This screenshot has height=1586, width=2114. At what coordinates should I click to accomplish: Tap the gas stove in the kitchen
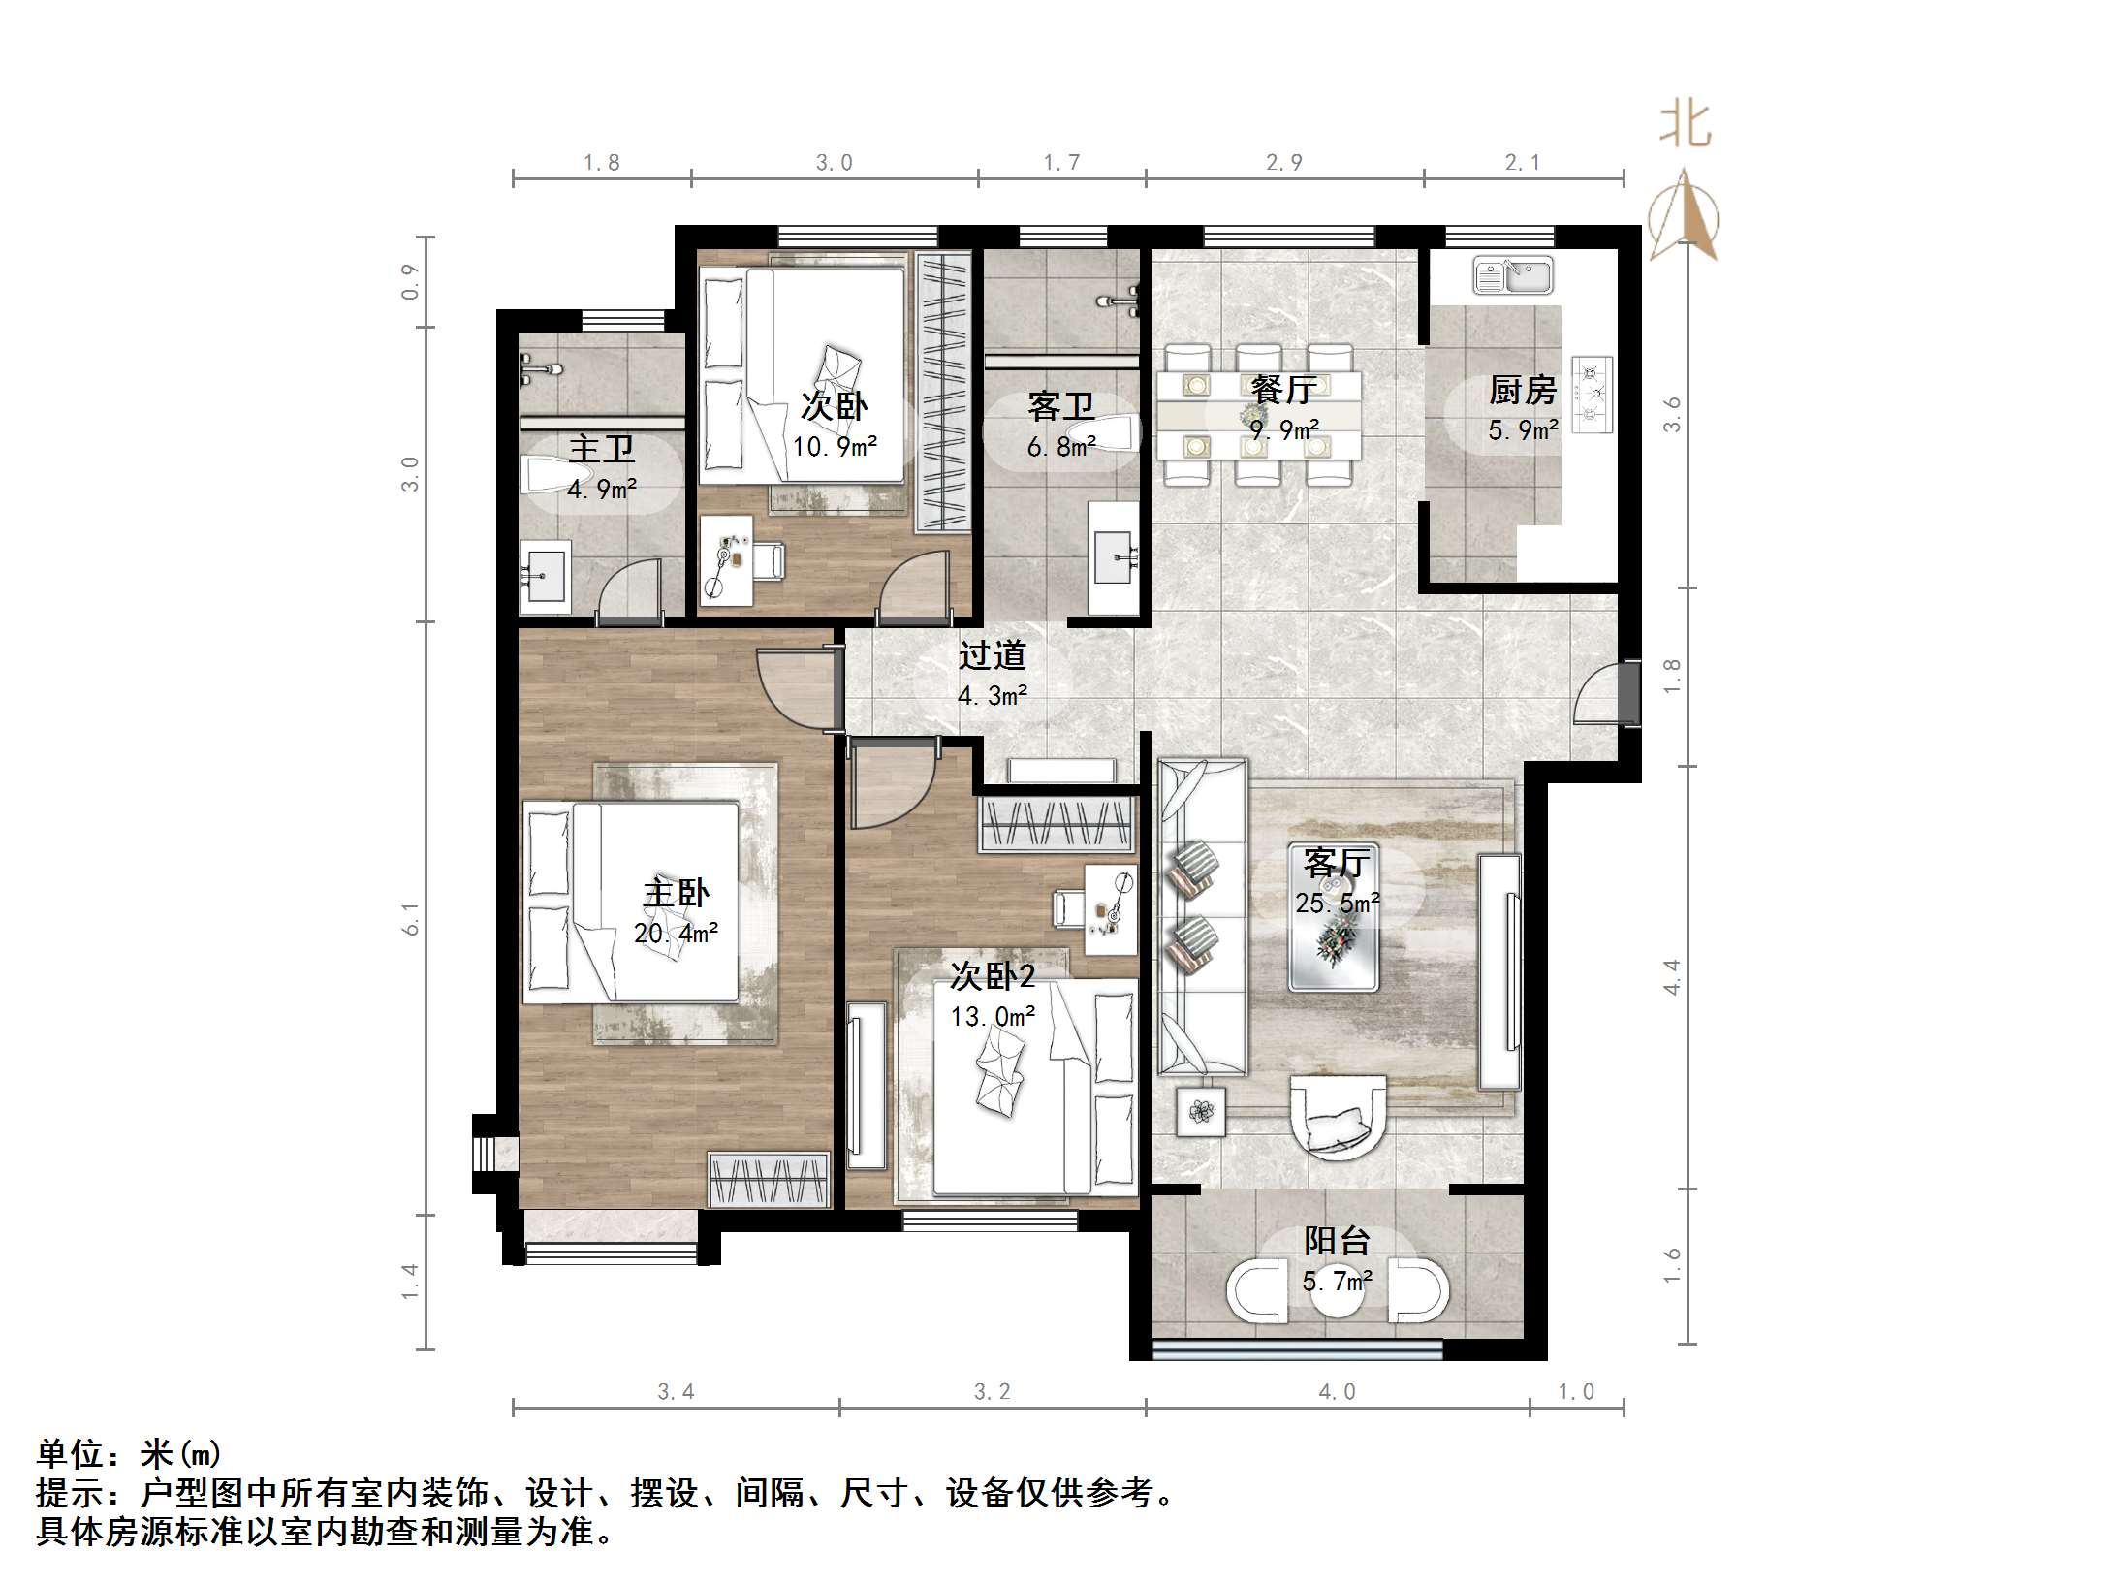tap(1593, 394)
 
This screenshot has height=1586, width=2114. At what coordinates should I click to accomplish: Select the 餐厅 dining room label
tap(1283, 390)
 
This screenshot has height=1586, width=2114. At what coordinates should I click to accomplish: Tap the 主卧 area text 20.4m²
tap(676, 933)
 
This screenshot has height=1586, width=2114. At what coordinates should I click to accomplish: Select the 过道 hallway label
tap(992, 656)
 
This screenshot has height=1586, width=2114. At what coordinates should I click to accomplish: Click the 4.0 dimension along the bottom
tap(1337, 1392)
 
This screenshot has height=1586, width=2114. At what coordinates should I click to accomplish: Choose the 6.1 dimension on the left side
tap(411, 918)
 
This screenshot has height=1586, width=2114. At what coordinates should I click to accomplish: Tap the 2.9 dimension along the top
tap(1284, 163)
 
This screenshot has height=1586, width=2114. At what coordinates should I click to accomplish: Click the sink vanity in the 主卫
tap(545, 577)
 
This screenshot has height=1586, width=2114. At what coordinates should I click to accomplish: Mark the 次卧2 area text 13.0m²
tap(993, 1016)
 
